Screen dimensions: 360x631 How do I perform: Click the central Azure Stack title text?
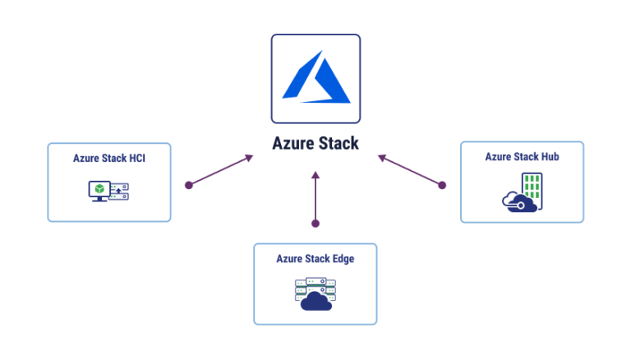pos(315,143)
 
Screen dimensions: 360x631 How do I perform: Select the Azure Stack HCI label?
pos(109,158)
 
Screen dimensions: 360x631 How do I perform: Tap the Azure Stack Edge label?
pos(315,258)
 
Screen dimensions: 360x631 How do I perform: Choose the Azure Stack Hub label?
pos(522,156)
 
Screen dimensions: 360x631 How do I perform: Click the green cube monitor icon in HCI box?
pos(99,190)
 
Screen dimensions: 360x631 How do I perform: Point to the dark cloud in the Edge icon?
pos(315,302)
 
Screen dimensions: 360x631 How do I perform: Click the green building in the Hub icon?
pos(532,187)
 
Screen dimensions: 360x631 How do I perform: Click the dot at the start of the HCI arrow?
pos(189,185)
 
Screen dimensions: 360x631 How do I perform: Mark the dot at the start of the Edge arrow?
pos(315,223)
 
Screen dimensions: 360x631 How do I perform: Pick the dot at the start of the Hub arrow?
pos(442,185)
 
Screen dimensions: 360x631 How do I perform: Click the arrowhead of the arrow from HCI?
pos(250,156)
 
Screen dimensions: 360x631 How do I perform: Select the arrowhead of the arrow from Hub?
pos(381,156)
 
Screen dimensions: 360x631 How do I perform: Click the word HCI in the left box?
pos(137,158)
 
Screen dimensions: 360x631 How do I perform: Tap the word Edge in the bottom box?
pos(342,258)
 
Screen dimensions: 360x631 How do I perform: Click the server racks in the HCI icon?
pos(120,192)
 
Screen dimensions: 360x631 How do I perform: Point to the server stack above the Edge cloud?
pos(315,286)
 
